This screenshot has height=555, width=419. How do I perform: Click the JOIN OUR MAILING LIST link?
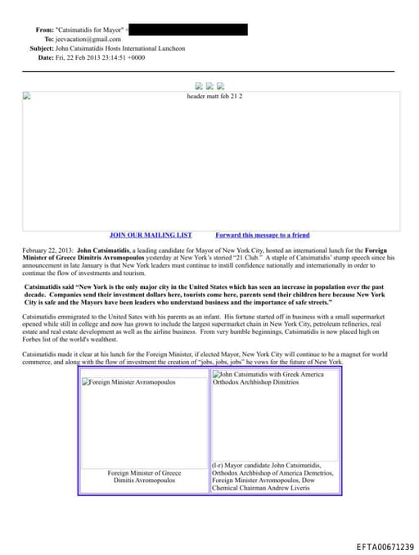click(x=151, y=235)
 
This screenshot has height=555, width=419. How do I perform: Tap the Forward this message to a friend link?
click(x=262, y=235)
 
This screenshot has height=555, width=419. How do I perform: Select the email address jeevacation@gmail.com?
click(x=88, y=38)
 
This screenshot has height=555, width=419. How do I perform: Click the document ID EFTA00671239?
click(x=385, y=547)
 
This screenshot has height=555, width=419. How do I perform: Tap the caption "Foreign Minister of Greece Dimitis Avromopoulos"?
click(x=144, y=476)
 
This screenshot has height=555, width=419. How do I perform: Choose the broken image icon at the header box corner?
click(x=26, y=96)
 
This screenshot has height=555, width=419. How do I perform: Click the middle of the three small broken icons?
click(x=210, y=85)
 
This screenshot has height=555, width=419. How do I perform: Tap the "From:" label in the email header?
click(x=44, y=29)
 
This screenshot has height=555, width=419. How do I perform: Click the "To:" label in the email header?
click(x=48, y=38)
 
